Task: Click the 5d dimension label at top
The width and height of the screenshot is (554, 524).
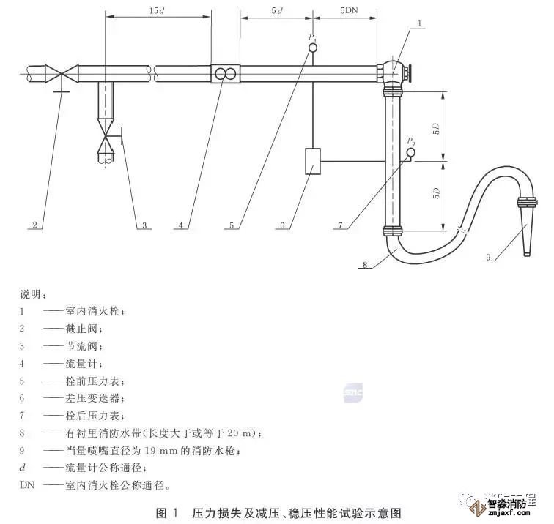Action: click(x=276, y=12)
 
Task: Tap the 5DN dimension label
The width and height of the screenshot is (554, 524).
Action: click(x=349, y=12)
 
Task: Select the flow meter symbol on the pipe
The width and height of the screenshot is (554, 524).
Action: click(x=225, y=74)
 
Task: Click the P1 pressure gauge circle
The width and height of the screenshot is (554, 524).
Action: click(x=313, y=48)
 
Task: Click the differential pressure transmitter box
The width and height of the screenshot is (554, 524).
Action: click(x=313, y=160)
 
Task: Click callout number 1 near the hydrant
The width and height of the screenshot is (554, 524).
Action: click(x=419, y=23)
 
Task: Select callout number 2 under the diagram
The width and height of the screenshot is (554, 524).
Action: click(x=34, y=225)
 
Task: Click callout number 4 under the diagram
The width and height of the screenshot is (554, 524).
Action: click(x=180, y=225)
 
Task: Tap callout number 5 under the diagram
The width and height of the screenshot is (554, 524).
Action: click(x=232, y=225)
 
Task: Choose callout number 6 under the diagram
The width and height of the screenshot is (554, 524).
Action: click(x=283, y=225)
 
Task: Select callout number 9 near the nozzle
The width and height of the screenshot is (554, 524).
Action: click(x=488, y=257)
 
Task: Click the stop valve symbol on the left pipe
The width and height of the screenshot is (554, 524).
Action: click(x=61, y=73)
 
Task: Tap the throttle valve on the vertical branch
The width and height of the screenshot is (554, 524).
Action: click(x=108, y=136)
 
